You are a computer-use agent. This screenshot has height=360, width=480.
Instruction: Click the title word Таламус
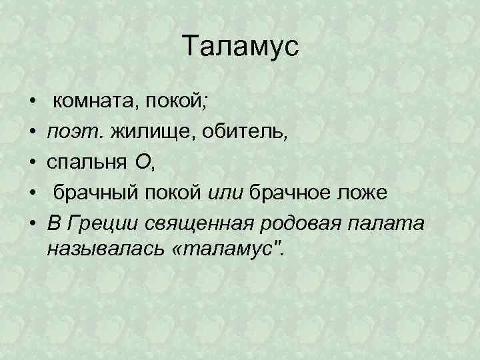click(x=241, y=48)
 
